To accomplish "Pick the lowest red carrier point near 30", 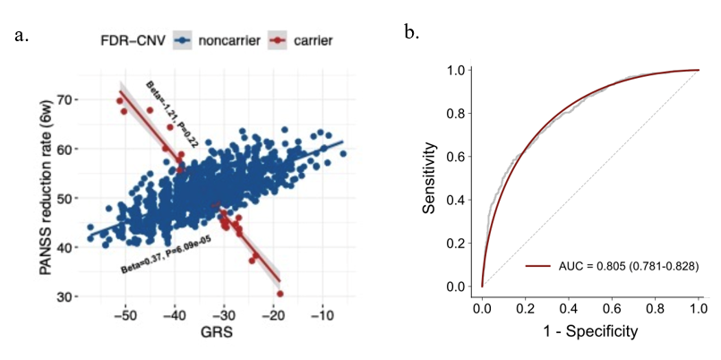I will [x=280, y=294].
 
